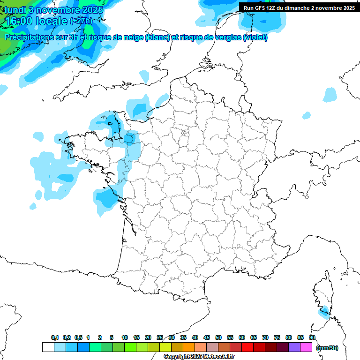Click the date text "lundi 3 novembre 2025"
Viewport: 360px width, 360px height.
click(54, 10)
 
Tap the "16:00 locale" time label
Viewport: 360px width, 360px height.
click(36, 21)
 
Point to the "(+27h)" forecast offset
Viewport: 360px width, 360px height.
click(81, 21)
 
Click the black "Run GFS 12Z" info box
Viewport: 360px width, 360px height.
click(299, 7)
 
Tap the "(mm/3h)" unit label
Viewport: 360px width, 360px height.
click(327, 347)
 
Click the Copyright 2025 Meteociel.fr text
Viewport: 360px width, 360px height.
click(199, 356)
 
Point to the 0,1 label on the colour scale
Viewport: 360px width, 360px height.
click(55, 337)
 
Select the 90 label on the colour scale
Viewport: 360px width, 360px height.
click(312, 337)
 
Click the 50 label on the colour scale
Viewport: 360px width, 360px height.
click(218, 337)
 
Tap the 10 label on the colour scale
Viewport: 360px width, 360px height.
click(125, 337)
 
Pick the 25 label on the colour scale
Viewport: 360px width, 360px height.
click(160, 337)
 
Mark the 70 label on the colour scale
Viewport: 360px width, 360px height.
click(265, 337)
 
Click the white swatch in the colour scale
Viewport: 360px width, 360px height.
click(48, 347)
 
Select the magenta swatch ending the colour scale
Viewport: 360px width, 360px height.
click(306, 347)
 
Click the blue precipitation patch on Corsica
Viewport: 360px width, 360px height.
click(323, 311)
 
